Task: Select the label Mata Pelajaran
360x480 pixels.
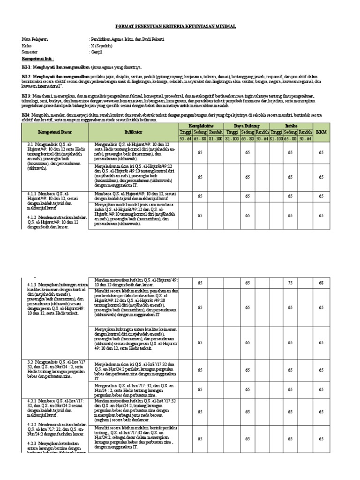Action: coord(34,39)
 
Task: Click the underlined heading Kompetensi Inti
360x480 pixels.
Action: coord(38,60)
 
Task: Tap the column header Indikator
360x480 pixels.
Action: coord(135,133)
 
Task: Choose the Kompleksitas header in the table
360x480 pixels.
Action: coord(201,127)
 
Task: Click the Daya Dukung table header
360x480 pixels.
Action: coord(247,127)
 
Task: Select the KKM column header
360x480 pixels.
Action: coord(321,132)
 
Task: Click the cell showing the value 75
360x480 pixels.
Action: coord(291,283)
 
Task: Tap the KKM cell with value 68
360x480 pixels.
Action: coord(321,283)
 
